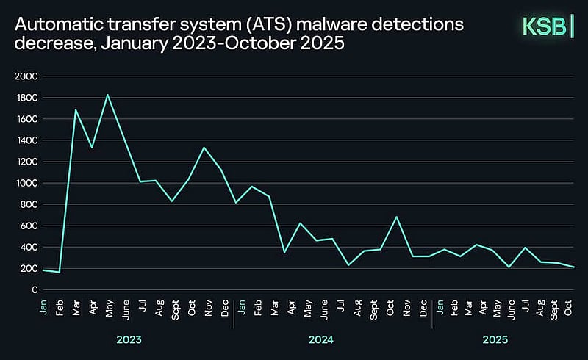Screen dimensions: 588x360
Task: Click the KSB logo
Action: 548,26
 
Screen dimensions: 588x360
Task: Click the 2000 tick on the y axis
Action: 26,76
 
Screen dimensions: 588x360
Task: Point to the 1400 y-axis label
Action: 27,140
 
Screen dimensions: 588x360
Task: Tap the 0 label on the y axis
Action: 35,290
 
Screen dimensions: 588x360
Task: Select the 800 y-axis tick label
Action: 29,204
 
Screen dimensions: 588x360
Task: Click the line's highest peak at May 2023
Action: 107,95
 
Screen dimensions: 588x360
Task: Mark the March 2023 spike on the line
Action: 76,109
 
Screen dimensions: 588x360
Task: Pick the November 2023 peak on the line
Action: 204,148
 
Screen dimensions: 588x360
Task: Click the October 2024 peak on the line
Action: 396,217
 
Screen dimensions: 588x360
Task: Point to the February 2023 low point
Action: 60,273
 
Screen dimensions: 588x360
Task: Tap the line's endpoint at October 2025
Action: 574,267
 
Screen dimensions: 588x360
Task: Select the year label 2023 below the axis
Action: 129,339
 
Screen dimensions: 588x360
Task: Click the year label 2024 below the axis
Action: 321,339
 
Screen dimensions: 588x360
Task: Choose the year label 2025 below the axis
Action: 495,339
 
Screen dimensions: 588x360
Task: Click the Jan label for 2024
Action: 242,307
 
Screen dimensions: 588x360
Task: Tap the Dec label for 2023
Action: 225,308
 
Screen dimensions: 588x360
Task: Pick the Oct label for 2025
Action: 568,308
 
